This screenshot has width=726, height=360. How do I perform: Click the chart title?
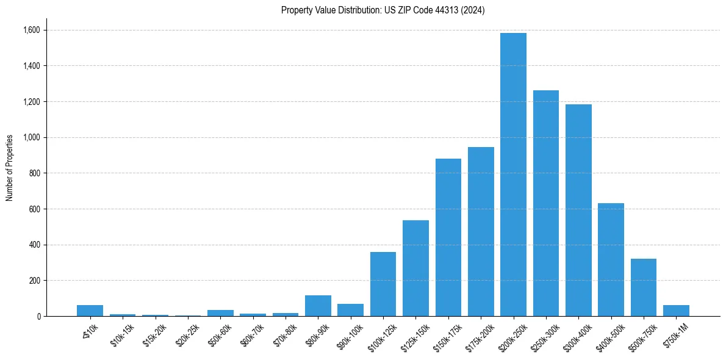point(383,10)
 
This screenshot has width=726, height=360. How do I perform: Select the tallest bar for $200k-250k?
point(513,175)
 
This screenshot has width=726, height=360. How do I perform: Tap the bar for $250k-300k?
point(546,203)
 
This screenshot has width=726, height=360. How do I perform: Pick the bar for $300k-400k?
point(578,211)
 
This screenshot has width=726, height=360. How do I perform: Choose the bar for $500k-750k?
point(644,287)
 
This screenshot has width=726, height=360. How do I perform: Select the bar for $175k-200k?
point(481,232)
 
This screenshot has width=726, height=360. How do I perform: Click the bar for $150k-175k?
point(448,237)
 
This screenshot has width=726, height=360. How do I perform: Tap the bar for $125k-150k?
point(415,268)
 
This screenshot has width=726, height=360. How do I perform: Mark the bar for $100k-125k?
point(383,284)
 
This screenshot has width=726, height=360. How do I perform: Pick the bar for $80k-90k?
point(318,306)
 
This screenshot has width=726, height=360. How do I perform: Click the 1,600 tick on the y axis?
point(32,30)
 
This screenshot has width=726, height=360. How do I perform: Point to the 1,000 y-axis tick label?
point(32,137)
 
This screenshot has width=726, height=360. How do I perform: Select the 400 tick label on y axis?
point(35,245)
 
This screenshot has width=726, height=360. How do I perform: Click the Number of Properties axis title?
point(10,168)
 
